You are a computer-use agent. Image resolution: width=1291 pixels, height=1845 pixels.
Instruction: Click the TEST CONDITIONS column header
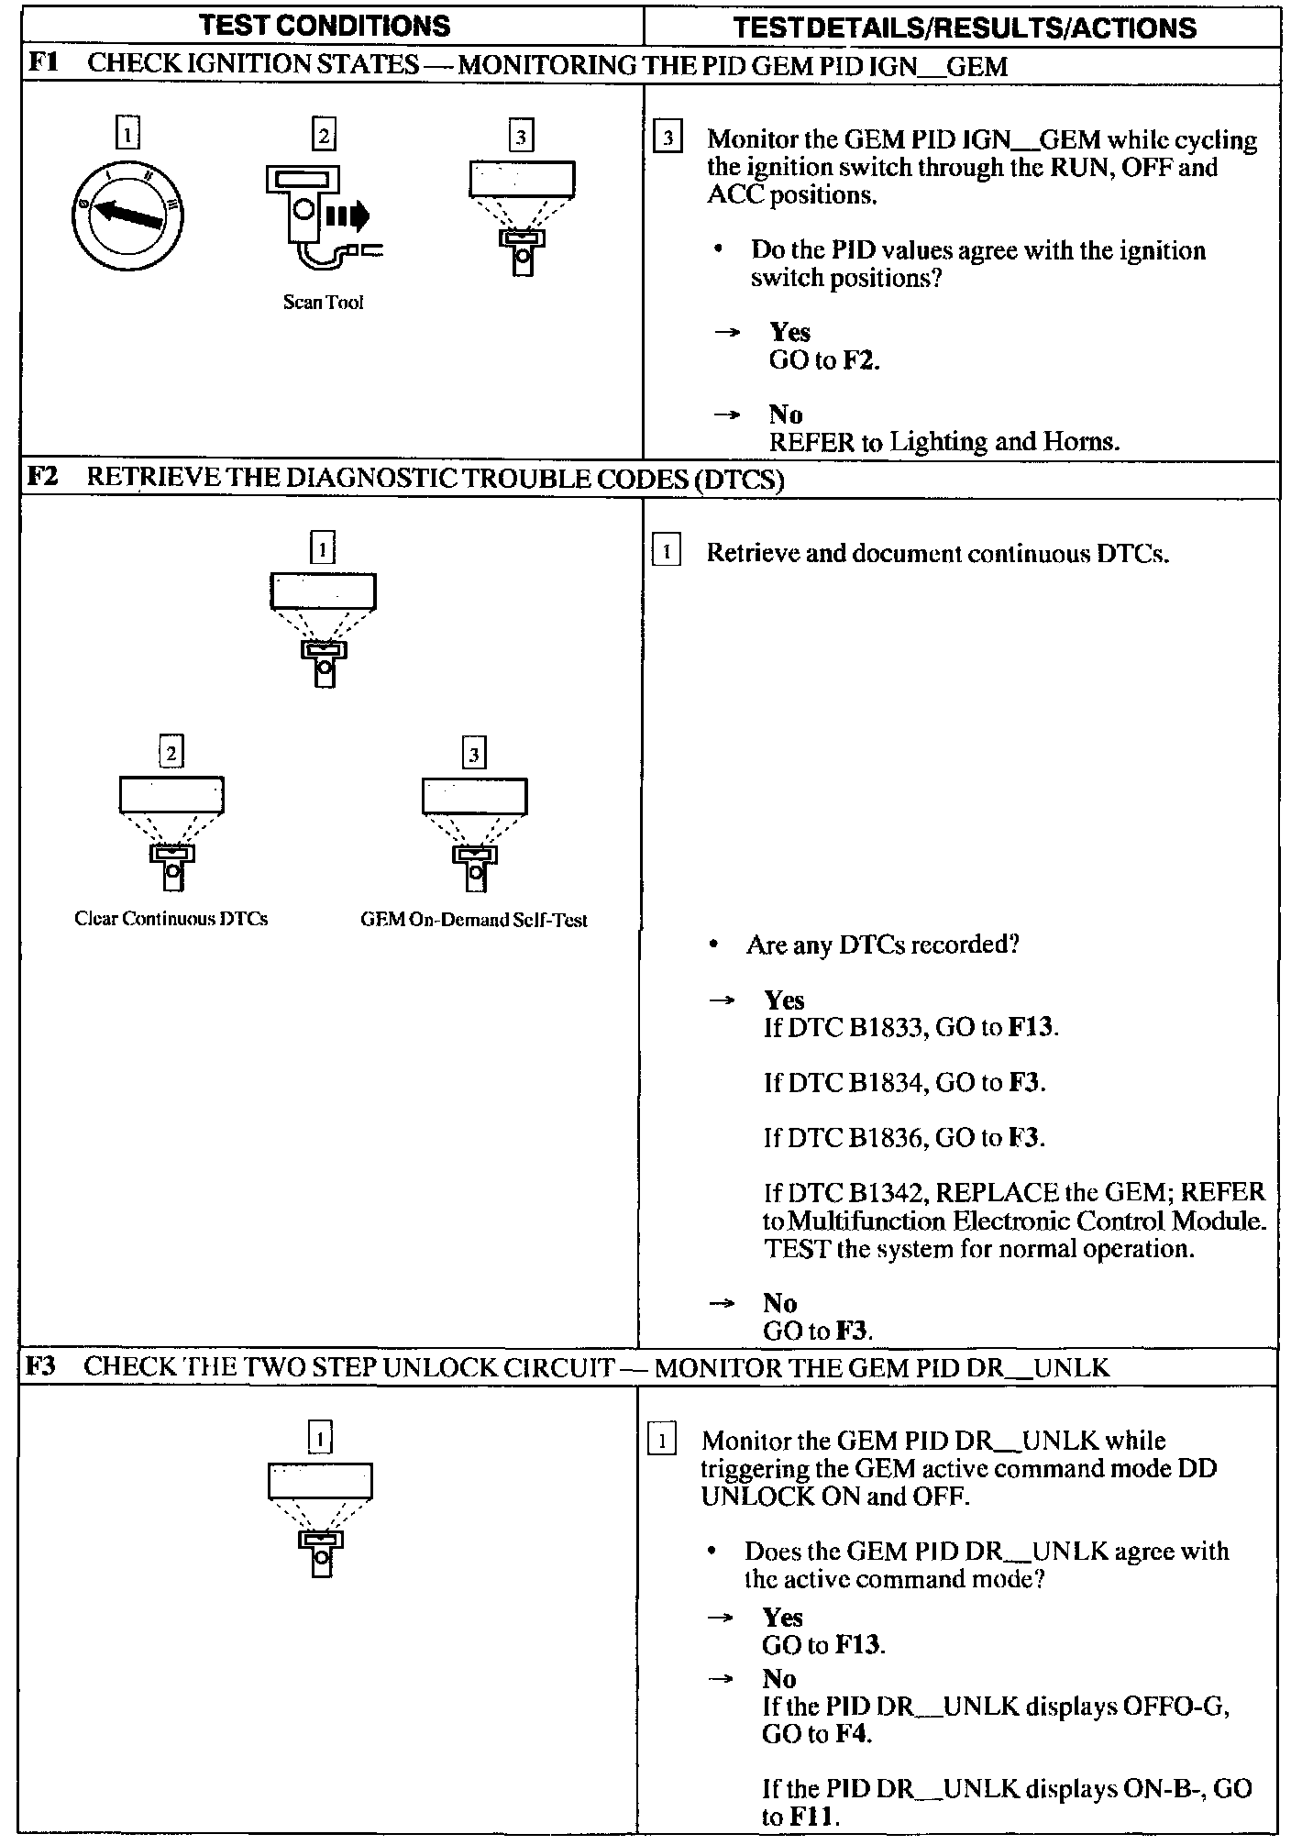(325, 26)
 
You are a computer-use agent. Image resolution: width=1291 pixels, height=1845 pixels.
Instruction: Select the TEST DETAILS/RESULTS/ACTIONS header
(965, 28)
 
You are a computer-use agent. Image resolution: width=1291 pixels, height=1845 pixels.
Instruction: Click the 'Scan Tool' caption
(323, 303)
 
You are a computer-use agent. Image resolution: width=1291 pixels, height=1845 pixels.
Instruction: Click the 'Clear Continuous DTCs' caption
(171, 919)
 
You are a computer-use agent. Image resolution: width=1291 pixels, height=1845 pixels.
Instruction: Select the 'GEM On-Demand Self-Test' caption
(474, 920)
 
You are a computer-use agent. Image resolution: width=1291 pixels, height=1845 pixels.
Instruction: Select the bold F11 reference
(813, 1817)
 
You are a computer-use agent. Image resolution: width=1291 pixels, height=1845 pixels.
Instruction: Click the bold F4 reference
(852, 1734)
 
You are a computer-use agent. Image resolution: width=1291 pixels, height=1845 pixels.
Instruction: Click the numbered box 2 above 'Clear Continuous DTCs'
(171, 754)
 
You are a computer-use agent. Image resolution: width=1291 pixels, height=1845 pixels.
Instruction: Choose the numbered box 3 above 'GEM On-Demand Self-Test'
(474, 755)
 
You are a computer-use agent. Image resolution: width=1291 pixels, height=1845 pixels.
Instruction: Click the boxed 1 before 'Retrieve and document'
(667, 552)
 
